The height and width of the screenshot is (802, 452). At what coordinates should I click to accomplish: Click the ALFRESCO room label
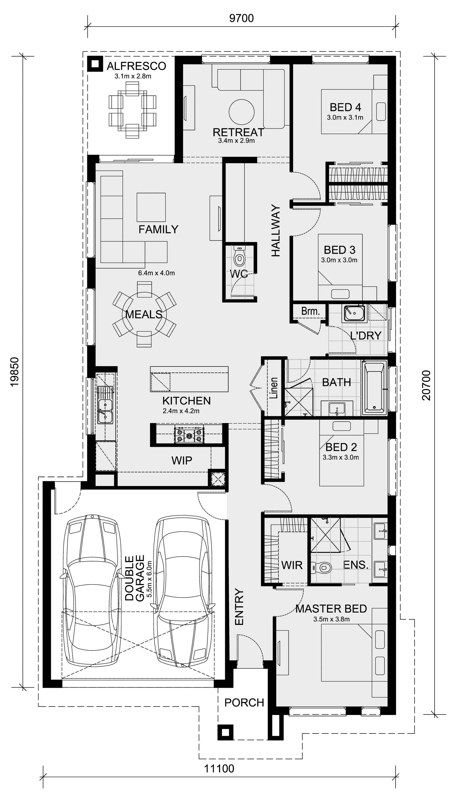coord(136,66)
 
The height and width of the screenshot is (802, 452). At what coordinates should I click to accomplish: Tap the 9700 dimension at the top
coord(241,18)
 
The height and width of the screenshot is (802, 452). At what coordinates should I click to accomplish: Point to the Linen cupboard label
coord(274,388)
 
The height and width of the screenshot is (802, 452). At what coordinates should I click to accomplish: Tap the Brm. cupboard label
coord(310,311)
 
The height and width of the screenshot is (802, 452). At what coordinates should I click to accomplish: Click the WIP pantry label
coord(182,460)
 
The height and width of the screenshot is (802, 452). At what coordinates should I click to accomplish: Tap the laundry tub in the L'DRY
coord(354,313)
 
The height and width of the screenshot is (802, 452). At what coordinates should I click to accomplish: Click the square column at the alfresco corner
coord(95,64)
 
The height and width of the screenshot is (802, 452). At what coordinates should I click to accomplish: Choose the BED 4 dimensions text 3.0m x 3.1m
coord(345,117)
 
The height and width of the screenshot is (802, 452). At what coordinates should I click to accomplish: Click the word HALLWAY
coord(276,231)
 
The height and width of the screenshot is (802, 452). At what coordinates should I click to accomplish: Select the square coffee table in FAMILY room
coord(151,207)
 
